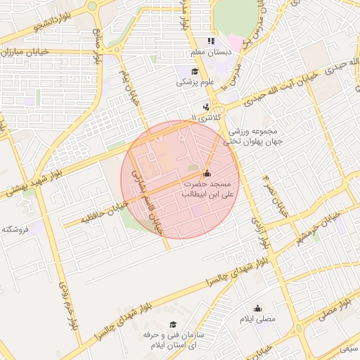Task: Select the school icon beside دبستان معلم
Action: [211, 41]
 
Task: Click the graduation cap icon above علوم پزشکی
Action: [195, 71]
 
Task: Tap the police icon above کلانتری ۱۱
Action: [205, 107]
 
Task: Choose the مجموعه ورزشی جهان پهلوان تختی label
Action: [251, 136]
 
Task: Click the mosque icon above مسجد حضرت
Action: [206, 173]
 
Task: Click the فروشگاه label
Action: [15, 229]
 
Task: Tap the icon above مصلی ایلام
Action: [257, 308]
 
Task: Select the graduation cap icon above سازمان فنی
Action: [172, 324]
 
